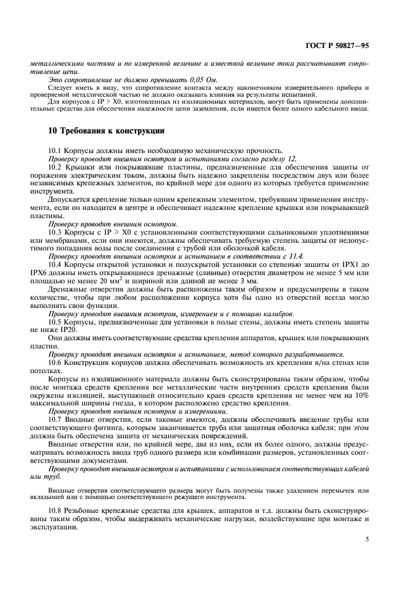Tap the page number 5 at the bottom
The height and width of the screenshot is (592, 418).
point(367,540)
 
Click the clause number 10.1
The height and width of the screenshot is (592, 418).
point(55,149)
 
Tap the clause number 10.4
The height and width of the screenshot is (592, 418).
point(55,265)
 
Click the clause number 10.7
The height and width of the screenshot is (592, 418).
point(55,421)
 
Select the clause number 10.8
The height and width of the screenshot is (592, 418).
point(55,510)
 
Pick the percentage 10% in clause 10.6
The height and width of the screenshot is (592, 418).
point(360,395)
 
